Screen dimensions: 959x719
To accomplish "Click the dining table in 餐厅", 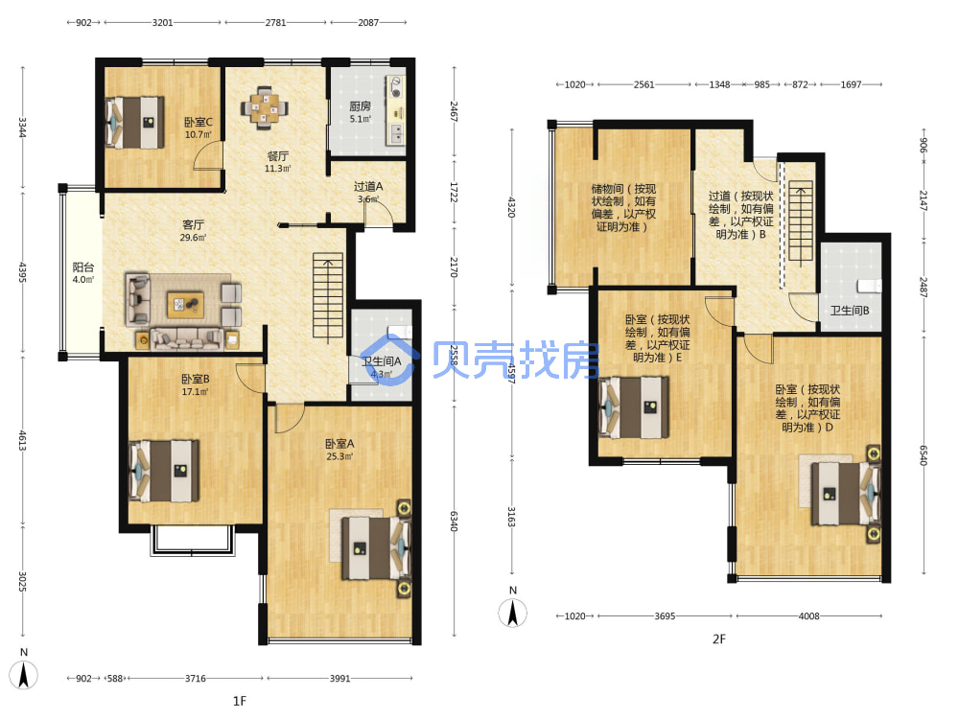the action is (x=264, y=107).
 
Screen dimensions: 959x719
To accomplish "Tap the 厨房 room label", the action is (x=360, y=106).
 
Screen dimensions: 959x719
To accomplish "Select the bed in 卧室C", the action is (x=134, y=123).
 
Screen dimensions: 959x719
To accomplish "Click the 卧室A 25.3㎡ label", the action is (x=339, y=450).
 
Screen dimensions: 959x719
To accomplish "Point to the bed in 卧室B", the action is (x=163, y=471).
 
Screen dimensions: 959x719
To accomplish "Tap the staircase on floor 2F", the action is (x=800, y=220).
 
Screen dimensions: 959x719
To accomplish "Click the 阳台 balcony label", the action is (x=83, y=267).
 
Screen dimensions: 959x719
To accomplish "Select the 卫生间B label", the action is (x=849, y=311).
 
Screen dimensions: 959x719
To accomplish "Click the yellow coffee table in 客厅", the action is (x=185, y=305).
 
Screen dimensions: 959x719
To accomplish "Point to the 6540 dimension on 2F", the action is (x=924, y=454).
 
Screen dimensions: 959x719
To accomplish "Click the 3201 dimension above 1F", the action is (x=162, y=23).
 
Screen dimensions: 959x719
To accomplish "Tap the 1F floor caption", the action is (x=239, y=701).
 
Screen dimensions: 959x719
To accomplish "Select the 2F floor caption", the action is (x=718, y=638).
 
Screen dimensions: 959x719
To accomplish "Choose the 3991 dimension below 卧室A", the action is (x=340, y=678).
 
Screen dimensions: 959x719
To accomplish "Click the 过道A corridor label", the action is (x=368, y=187).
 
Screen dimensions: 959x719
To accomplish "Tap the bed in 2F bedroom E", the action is (x=633, y=407).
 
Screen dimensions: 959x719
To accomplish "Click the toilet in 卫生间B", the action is (x=869, y=286).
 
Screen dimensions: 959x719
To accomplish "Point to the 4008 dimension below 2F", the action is (x=808, y=616).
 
